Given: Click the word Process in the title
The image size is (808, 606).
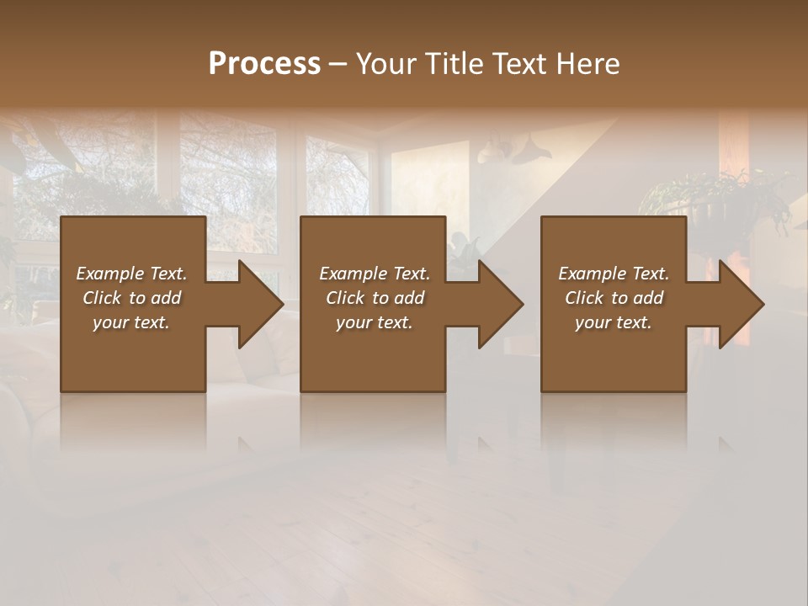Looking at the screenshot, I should click(x=264, y=63).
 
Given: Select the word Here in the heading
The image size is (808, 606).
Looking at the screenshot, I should click(x=590, y=63).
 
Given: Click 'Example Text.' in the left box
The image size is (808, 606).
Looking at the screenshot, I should click(x=131, y=274).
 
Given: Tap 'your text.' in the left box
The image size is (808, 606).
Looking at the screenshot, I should click(x=131, y=322).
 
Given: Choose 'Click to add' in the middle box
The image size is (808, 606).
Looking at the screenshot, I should click(x=375, y=298).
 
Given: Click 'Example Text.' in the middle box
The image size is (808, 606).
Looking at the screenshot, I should click(x=375, y=274).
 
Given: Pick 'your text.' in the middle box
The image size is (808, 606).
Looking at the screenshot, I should click(x=375, y=322).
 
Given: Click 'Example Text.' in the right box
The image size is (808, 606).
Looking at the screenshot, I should click(x=614, y=274).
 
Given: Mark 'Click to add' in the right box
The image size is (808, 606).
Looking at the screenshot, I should click(x=614, y=298).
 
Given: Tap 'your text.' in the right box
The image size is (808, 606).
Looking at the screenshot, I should click(x=614, y=322).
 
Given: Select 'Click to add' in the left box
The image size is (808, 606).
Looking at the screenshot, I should click(x=131, y=298).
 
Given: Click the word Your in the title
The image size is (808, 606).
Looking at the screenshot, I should click(x=386, y=63).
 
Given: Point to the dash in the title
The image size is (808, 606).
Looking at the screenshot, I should click(x=338, y=64).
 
